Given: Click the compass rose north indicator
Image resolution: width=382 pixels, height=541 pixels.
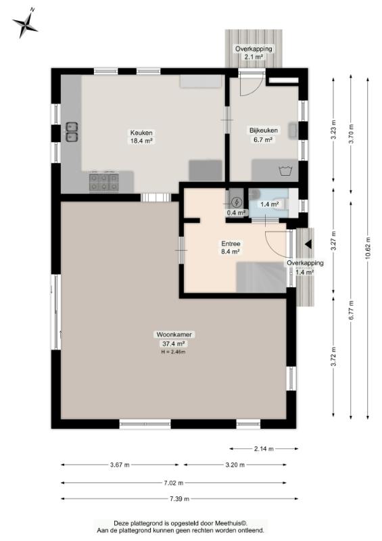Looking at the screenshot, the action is point(25,23).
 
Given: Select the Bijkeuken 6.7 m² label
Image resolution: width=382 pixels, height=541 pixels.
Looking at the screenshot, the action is point(264,135).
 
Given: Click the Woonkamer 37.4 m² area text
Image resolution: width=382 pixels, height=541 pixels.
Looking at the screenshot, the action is point(174,339).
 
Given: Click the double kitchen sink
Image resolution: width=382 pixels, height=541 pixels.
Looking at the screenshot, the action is point(72,132).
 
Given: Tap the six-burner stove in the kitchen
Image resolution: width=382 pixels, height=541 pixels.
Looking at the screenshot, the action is point(104,182).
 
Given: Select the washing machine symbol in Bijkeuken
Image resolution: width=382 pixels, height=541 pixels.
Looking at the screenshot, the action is point(285,170).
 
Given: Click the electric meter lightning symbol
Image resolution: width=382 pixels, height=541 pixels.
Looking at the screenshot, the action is point(237,202).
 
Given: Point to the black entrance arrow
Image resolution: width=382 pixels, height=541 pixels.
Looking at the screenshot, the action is point(308,244).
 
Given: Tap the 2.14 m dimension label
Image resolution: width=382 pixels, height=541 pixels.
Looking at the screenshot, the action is point(264,448).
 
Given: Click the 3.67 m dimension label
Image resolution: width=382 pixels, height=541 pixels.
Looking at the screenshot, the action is point(120,465).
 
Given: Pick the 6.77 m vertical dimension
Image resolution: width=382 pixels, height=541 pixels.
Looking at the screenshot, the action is point(351,310).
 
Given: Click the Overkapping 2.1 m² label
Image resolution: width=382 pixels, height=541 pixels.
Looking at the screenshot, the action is point(254,53).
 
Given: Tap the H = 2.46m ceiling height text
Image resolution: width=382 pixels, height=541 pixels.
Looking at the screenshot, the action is point(173,352).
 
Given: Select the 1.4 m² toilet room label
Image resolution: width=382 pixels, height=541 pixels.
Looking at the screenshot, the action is point(270,204).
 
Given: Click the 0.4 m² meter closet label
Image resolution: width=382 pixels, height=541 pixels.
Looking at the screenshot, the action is point(236,212).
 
